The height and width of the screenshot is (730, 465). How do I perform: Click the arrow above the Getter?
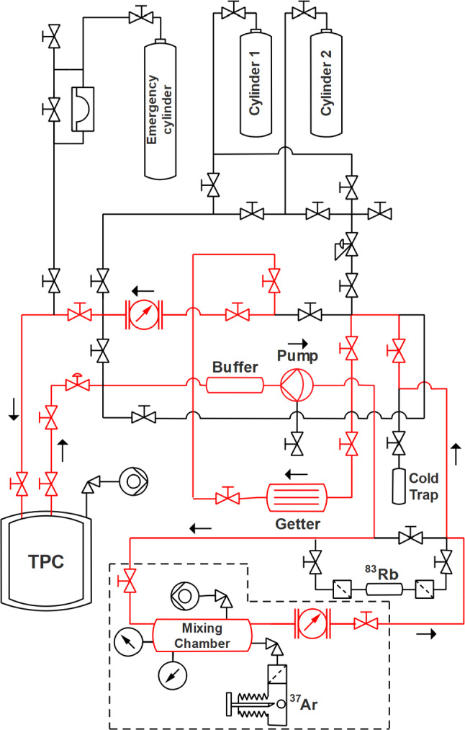pyautogui.click(x=297, y=474)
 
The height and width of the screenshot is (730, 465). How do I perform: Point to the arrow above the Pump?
pyautogui.click(x=296, y=344)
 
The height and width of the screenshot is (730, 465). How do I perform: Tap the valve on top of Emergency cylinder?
pyautogui.click(x=136, y=14)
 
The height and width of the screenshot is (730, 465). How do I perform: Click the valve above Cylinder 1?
pyautogui.click(x=232, y=12)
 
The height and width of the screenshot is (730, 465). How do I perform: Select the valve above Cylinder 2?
pyautogui.click(x=305, y=12)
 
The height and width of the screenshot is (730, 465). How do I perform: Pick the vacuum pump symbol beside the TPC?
pyautogui.click(x=132, y=478)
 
